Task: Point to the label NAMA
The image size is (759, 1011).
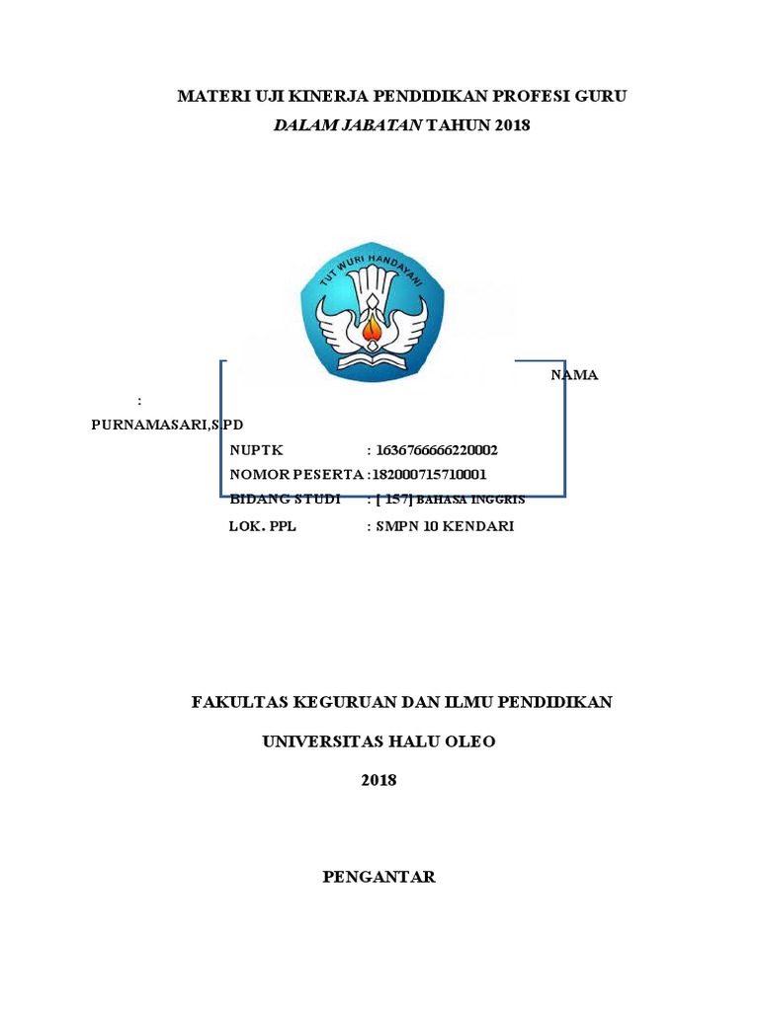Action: (574, 375)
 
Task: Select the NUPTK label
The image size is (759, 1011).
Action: (256, 450)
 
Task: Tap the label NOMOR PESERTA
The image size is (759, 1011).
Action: (296, 474)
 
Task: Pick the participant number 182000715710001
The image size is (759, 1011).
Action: (430, 474)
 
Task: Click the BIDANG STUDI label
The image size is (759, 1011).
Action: (285, 500)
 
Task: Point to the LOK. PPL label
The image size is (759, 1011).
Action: (263, 526)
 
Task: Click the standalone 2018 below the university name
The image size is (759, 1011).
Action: (379, 780)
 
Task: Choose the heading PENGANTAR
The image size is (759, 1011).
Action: (379, 877)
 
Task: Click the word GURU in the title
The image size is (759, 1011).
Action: (604, 96)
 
